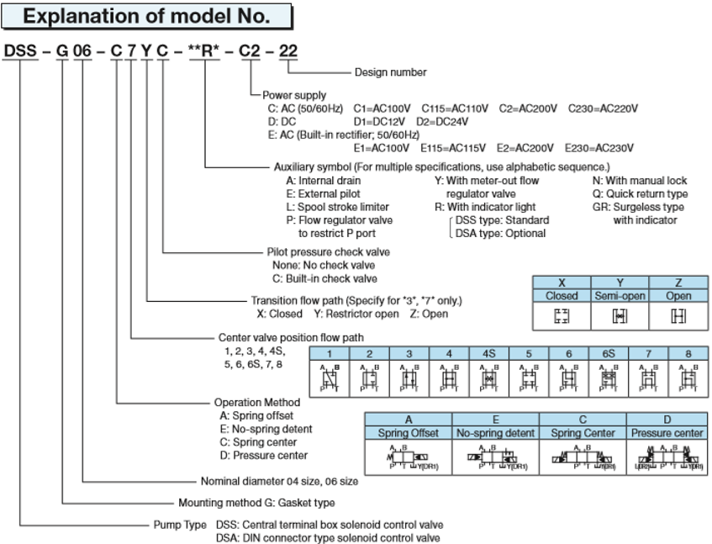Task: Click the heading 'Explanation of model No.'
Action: tap(146, 15)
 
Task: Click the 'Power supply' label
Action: tap(295, 96)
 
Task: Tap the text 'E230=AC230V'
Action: tap(599, 148)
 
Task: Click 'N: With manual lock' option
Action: tap(639, 180)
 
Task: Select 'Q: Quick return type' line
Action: tap(641, 193)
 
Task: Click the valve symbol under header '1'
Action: tap(330, 378)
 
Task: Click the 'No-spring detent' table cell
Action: tap(495, 432)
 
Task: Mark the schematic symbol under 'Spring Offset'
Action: tap(408, 459)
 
